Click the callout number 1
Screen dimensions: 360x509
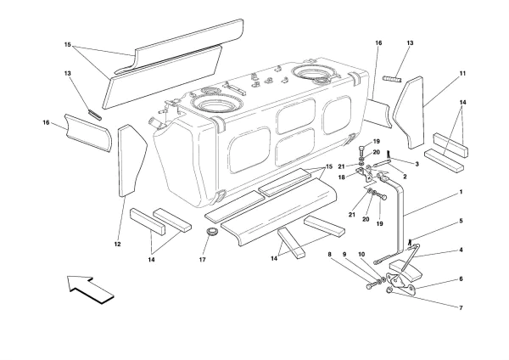(x=461, y=193)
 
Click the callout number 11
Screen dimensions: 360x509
(x=463, y=74)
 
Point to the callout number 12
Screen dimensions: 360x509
(x=118, y=245)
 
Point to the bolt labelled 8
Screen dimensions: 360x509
(x=371, y=287)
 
